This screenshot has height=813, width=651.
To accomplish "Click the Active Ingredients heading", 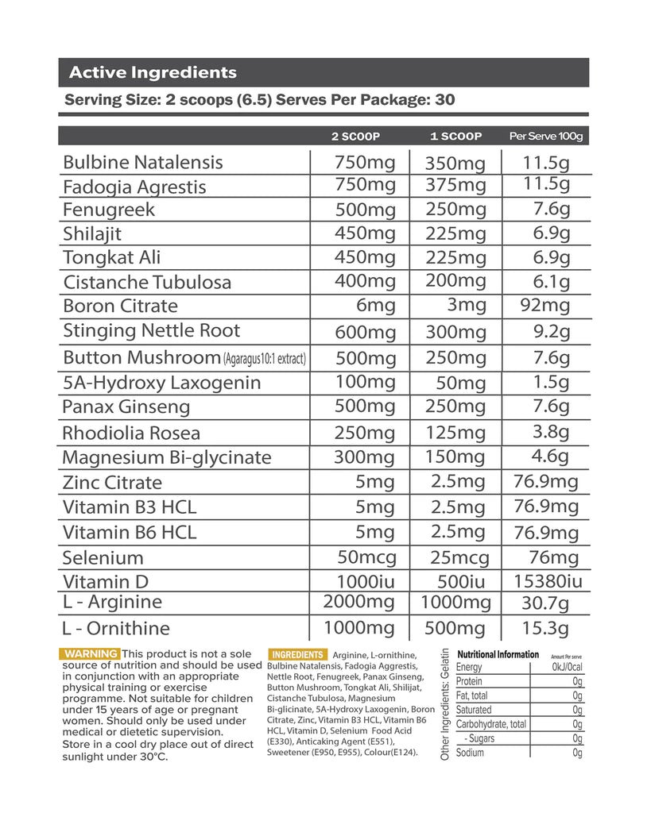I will click(153, 73).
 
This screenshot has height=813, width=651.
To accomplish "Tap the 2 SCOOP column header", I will click(355, 137).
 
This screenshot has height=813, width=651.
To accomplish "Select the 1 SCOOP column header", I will click(455, 137).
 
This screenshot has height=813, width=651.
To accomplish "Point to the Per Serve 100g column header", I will click(545, 137).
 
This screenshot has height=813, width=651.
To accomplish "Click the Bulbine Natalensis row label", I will click(142, 163).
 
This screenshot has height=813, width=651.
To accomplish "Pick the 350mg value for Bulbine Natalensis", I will click(455, 164).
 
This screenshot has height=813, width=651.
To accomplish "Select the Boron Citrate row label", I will click(120, 306).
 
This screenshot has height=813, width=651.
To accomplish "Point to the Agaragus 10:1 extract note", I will click(265, 359).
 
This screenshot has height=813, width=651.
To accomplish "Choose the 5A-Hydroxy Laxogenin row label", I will click(161, 383).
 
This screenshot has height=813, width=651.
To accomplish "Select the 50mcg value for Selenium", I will click(366, 557).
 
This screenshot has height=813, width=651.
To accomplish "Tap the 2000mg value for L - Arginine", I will click(358, 602).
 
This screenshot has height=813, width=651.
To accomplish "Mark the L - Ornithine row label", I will click(116, 629).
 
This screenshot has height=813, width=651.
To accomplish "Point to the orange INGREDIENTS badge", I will click(297, 654).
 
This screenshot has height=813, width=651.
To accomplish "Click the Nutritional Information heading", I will click(498, 655).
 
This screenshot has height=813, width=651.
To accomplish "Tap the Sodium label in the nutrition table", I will click(470, 753).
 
